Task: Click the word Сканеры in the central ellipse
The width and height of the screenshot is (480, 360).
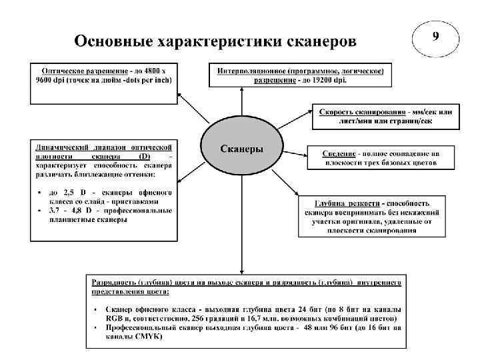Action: (241, 148)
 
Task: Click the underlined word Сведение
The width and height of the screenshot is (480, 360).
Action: (341, 153)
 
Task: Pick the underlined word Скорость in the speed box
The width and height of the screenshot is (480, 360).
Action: (340, 111)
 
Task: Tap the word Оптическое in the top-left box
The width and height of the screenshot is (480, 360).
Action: (65, 70)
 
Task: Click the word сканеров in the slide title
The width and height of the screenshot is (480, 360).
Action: (321, 41)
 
